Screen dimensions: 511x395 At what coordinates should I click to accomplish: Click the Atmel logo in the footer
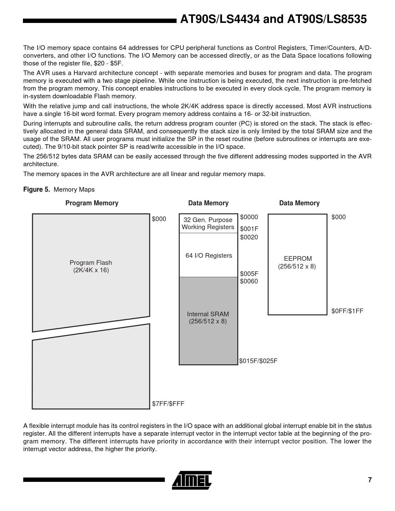tap(192, 480)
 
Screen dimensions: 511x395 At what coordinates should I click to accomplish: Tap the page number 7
tap(370, 480)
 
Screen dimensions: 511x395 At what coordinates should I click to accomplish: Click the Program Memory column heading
tap(92, 203)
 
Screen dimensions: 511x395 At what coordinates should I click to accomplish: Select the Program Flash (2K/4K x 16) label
tap(91, 266)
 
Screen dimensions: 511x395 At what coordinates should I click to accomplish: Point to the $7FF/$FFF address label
tap(168, 403)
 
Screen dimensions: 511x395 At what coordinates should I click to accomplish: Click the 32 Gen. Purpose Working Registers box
tap(208, 224)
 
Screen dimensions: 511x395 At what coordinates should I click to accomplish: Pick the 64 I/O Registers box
tap(208, 255)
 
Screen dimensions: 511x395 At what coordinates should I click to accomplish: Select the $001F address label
tap(249, 229)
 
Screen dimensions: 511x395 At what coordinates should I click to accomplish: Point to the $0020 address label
tap(249, 237)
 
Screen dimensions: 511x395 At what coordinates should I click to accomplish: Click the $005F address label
tap(249, 274)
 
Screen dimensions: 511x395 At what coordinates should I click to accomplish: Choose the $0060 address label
tap(249, 281)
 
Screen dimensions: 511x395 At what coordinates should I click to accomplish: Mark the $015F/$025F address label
tap(258, 361)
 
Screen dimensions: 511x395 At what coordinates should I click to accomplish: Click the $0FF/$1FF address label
tap(347, 311)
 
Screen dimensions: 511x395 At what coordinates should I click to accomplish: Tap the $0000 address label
tap(249, 217)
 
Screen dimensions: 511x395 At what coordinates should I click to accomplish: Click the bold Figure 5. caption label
tap(37, 189)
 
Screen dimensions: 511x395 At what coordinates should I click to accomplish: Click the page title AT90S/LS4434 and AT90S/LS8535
tap(273, 20)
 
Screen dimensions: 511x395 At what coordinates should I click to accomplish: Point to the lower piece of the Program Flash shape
tap(91, 369)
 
